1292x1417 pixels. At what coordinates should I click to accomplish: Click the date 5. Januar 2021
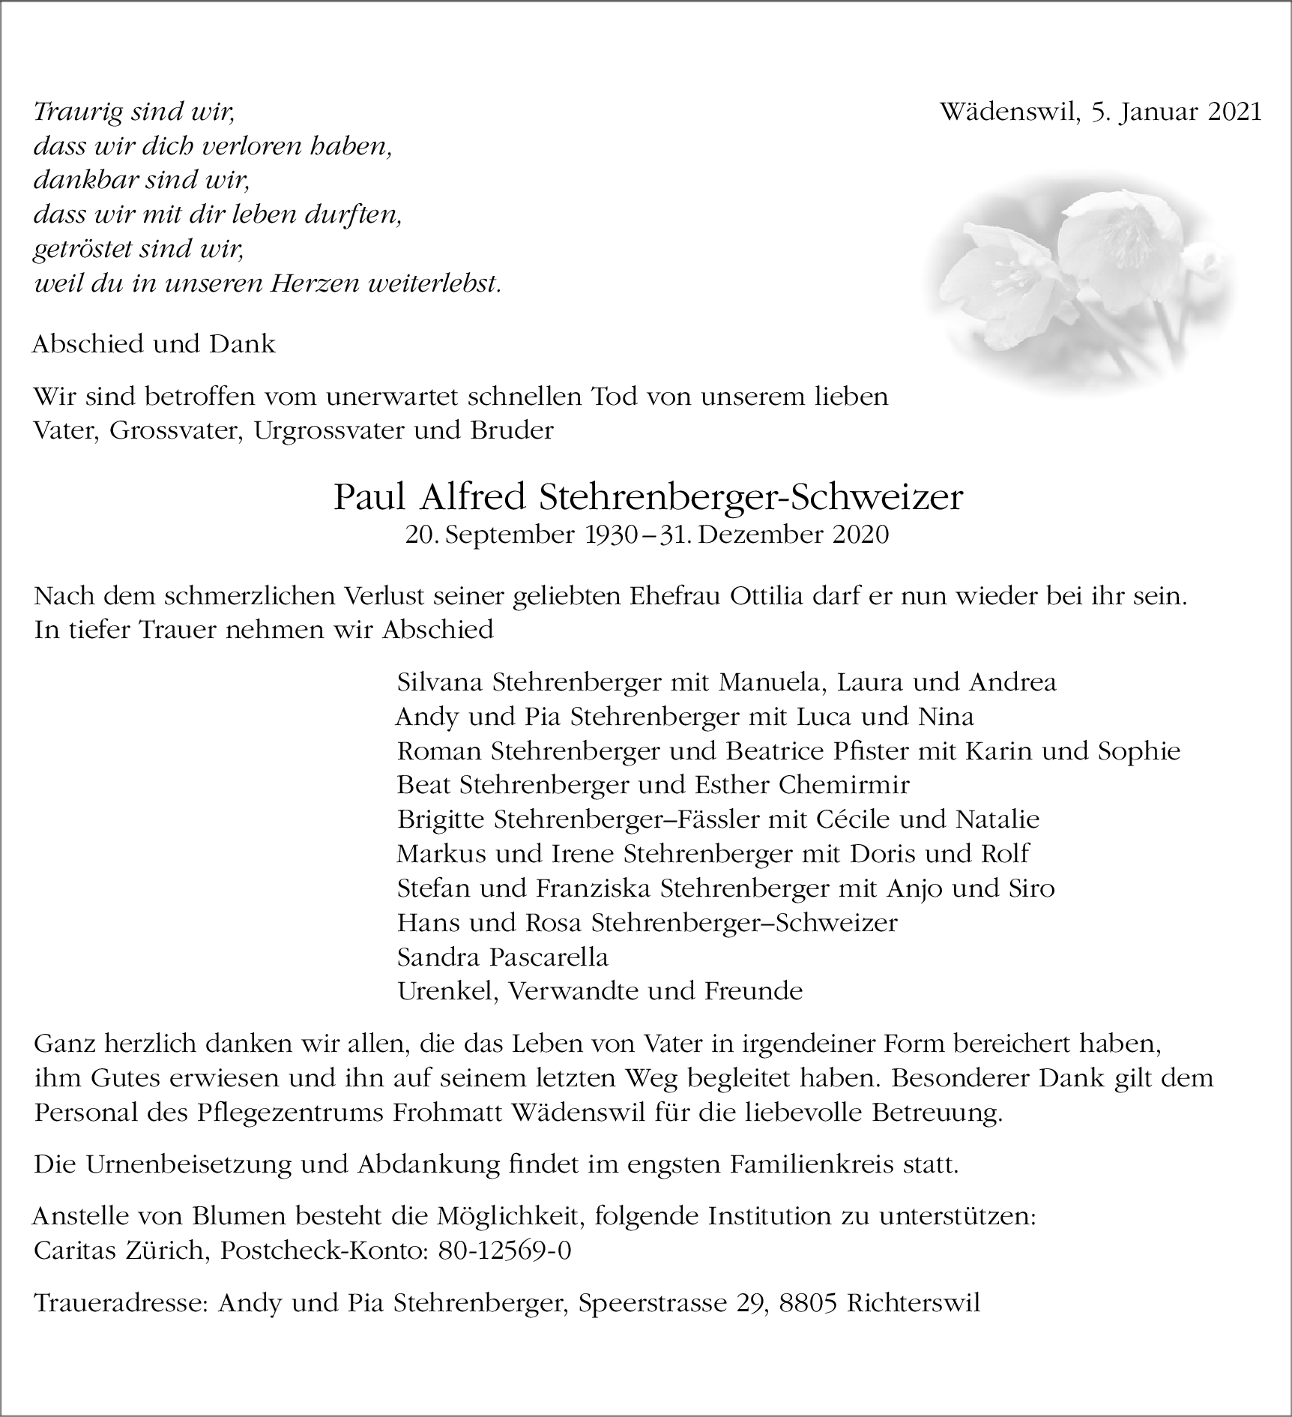[x=1176, y=112]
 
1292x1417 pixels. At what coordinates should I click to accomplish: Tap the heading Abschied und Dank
[x=154, y=344]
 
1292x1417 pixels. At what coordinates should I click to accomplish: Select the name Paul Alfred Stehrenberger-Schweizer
[x=648, y=498]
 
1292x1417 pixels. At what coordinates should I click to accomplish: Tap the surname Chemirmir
[x=844, y=785]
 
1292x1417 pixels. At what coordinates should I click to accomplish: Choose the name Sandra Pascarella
[x=502, y=957]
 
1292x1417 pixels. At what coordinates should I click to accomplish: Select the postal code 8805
[x=809, y=1303]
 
